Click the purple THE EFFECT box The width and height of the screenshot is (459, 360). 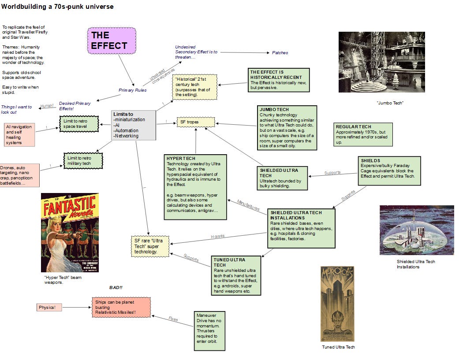pos(105,41)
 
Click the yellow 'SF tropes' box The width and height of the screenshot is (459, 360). pos(195,122)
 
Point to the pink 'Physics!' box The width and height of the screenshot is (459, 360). pos(49,307)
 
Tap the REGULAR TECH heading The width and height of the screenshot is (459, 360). pos(354,126)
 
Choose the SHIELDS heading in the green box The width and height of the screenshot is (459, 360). pos(370,160)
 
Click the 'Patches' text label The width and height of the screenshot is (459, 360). pos(280,52)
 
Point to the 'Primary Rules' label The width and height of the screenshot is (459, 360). pos(133,90)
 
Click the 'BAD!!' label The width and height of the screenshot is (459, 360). pos(116,288)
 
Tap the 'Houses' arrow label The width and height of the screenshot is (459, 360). pos(217,236)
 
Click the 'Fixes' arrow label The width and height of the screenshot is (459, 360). pos(173,319)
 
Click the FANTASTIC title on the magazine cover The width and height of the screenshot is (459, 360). pos(69,208)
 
